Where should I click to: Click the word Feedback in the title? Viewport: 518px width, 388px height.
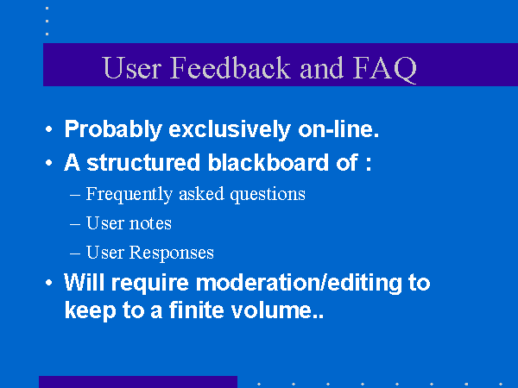[230, 67]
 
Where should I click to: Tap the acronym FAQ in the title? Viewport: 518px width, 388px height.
[384, 69]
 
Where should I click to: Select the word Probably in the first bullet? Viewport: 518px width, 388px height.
[113, 129]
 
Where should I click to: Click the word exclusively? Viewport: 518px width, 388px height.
[230, 129]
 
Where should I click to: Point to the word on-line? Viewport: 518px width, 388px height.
[338, 128]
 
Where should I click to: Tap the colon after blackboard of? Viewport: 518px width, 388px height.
[369, 164]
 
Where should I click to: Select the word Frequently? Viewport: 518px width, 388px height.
[129, 194]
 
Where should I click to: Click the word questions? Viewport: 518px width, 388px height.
[268, 194]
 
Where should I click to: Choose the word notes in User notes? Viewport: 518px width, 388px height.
[150, 223]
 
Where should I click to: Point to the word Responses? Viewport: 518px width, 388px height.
[171, 253]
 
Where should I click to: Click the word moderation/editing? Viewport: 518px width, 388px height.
[299, 283]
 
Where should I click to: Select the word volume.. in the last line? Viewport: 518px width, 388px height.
[277, 310]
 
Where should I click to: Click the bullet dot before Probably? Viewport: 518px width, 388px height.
[49, 129]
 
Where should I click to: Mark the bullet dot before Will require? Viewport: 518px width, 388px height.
[49, 283]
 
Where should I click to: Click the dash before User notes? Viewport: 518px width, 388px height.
[75, 224]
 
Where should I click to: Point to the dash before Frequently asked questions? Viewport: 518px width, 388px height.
[75, 195]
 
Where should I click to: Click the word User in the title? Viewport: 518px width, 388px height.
[132, 67]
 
